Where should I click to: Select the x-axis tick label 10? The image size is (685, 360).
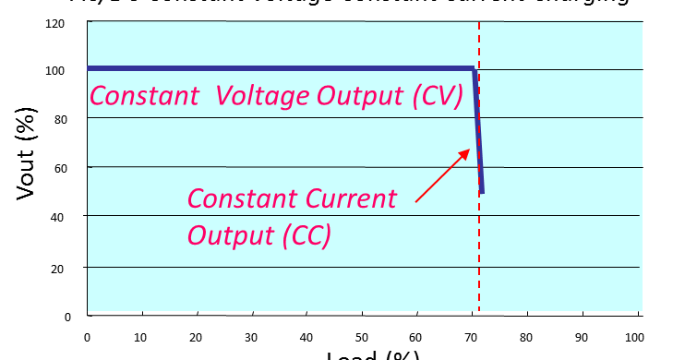tap(141, 337)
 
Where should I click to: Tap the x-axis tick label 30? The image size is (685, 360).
tap(251, 337)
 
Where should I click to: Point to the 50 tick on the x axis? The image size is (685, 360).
tap(361, 337)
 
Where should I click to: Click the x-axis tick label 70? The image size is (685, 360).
tap(472, 337)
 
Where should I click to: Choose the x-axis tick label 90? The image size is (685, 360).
tap(582, 337)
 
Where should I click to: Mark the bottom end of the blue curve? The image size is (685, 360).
tap(482, 192)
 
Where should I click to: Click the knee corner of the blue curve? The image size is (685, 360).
tap(474, 69)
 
